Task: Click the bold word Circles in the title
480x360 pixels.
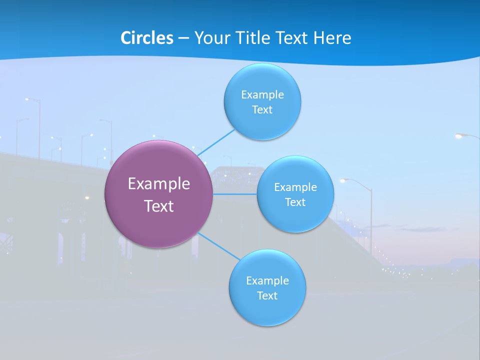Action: click(147, 38)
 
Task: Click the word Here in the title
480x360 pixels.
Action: click(332, 38)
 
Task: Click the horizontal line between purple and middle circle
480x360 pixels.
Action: click(234, 194)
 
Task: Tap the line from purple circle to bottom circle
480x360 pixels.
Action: click(219, 246)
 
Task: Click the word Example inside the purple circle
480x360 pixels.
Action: click(159, 184)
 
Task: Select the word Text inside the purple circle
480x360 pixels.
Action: click(159, 206)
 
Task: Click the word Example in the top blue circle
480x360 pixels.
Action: click(262, 94)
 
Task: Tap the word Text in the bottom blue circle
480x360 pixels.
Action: click(267, 295)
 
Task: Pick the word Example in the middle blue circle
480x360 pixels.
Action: click(295, 187)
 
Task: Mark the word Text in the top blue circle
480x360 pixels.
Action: click(262, 109)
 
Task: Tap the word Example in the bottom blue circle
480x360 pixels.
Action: click(267, 280)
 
